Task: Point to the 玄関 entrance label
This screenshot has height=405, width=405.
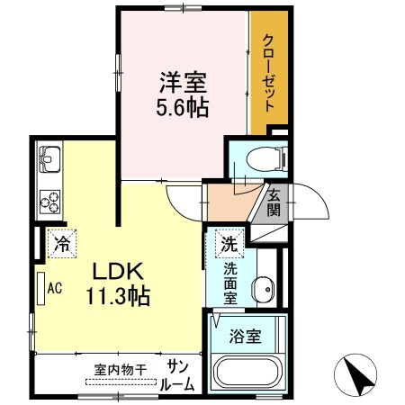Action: pos(274,204)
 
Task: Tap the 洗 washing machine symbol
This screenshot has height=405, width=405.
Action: pos(229,243)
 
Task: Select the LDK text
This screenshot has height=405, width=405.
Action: pos(112,272)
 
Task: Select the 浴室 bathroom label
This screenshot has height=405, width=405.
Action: pos(246,337)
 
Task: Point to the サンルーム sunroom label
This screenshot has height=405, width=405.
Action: pos(177,375)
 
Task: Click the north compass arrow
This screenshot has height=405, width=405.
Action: pos(357,376)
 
